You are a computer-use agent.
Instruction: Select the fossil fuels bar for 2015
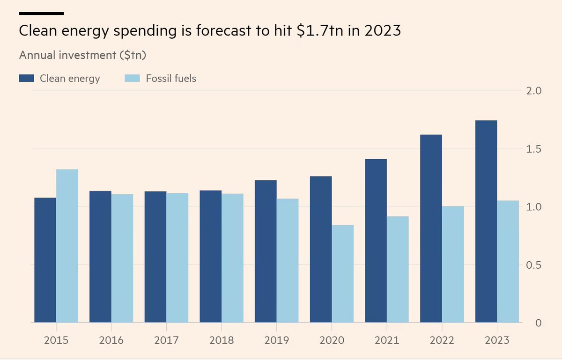tap(67, 246)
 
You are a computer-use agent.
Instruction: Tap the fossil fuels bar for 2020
tap(342, 274)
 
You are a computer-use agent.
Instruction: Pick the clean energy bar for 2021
tap(376, 241)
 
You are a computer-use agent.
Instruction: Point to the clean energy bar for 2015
tap(45, 260)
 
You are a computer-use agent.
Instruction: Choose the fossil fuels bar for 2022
tap(453, 264)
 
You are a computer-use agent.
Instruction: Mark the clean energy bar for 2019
tap(266, 251)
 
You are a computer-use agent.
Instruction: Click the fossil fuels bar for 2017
tap(177, 257)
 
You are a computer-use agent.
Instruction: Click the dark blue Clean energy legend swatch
tap(26, 78)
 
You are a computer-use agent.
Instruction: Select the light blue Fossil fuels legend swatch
tap(132, 78)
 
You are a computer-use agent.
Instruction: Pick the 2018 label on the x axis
tap(222, 340)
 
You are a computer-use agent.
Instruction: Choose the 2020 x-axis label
tap(332, 340)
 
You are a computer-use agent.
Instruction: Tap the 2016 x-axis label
tap(111, 340)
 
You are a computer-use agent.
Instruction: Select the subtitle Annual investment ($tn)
tap(83, 55)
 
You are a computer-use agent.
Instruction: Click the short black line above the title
tap(41, 14)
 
